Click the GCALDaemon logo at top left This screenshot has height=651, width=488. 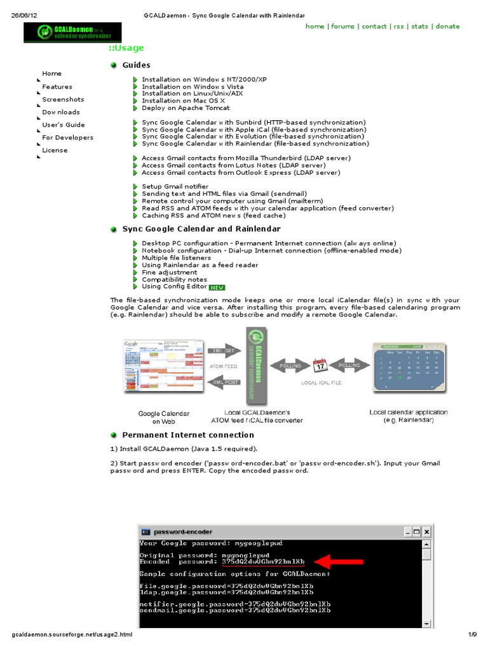(x=64, y=32)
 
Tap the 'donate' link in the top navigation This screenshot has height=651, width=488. (x=447, y=27)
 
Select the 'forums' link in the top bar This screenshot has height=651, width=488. (x=342, y=27)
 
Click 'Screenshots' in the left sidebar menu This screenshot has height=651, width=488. (x=63, y=100)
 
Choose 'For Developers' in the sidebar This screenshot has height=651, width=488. (x=67, y=138)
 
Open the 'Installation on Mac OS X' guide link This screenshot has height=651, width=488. (x=183, y=101)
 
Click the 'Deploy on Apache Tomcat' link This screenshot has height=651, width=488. (x=186, y=108)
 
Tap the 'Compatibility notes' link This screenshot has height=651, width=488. (x=174, y=280)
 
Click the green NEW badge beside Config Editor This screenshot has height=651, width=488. (x=217, y=287)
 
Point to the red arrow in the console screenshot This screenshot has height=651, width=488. (x=339, y=561)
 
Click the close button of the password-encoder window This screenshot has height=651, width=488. (x=427, y=531)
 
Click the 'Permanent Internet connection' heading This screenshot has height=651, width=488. (x=187, y=435)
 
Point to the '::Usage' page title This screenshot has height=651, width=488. (x=126, y=48)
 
